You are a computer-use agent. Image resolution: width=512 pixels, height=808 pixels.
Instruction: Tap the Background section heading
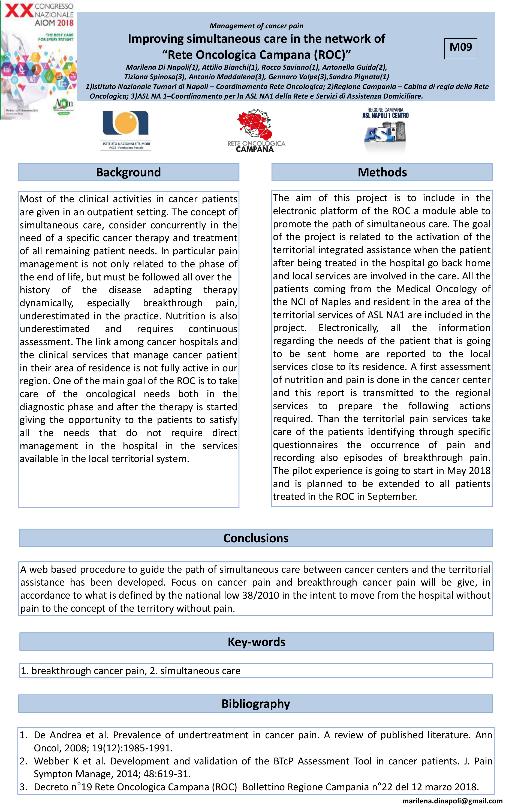pos(128,172)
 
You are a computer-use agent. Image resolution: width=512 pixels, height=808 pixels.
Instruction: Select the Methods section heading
pos(382,172)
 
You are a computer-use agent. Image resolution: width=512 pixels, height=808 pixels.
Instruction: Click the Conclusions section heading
pos(256,538)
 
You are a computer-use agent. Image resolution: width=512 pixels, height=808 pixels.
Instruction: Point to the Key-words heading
pos(256,642)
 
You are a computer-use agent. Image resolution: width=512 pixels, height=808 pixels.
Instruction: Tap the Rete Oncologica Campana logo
pos(256,131)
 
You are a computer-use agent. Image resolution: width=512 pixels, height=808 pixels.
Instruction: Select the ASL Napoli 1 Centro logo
pos(385,129)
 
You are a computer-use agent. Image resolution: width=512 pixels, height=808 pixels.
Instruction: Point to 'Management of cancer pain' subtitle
pos(256,26)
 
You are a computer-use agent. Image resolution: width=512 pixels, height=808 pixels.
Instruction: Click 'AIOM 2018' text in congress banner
pos(54,23)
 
